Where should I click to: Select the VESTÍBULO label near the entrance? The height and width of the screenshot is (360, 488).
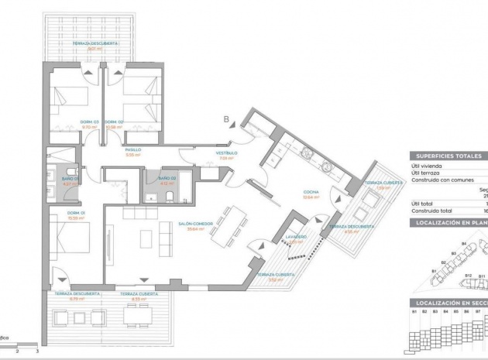[x=226, y=153]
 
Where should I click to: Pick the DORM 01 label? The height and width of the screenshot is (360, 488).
[x=75, y=213]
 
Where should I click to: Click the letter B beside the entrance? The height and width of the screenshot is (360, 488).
[x=226, y=118]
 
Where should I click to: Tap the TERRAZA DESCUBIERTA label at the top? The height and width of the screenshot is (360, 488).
[x=95, y=44]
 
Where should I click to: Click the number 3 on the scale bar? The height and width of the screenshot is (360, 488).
[x=37, y=351]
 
